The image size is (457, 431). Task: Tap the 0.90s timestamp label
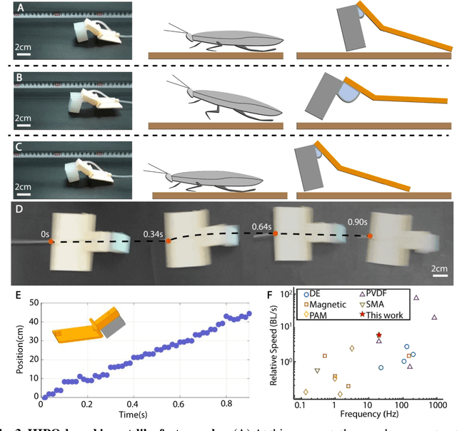(x=358, y=221)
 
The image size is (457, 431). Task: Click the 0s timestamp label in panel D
(x=44, y=233)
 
